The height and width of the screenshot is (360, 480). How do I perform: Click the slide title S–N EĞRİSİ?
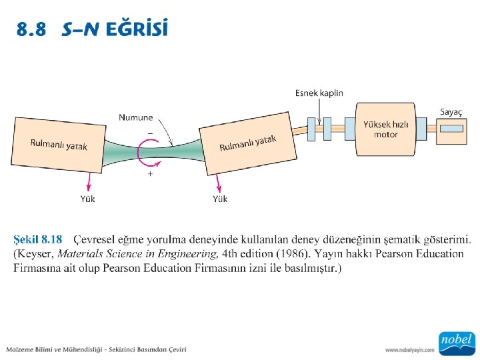(x=115, y=30)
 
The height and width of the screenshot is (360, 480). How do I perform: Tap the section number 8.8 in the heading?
(x=33, y=30)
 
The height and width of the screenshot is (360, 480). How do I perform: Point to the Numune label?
(x=135, y=117)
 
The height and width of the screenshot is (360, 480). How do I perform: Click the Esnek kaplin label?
(x=319, y=93)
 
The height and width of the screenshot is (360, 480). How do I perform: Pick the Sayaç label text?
(x=451, y=112)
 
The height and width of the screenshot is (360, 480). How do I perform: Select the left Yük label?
(x=87, y=199)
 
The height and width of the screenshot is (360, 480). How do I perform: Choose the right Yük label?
(x=220, y=199)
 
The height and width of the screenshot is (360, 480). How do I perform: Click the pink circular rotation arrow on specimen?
(x=142, y=153)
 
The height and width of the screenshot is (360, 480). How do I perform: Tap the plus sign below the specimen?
(x=150, y=173)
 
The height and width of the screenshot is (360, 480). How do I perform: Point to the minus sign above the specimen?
(x=150, y=133)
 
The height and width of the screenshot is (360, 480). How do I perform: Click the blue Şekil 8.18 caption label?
(x=38, y=239)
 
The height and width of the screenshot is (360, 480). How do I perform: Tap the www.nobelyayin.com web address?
(x=409, y=349)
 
